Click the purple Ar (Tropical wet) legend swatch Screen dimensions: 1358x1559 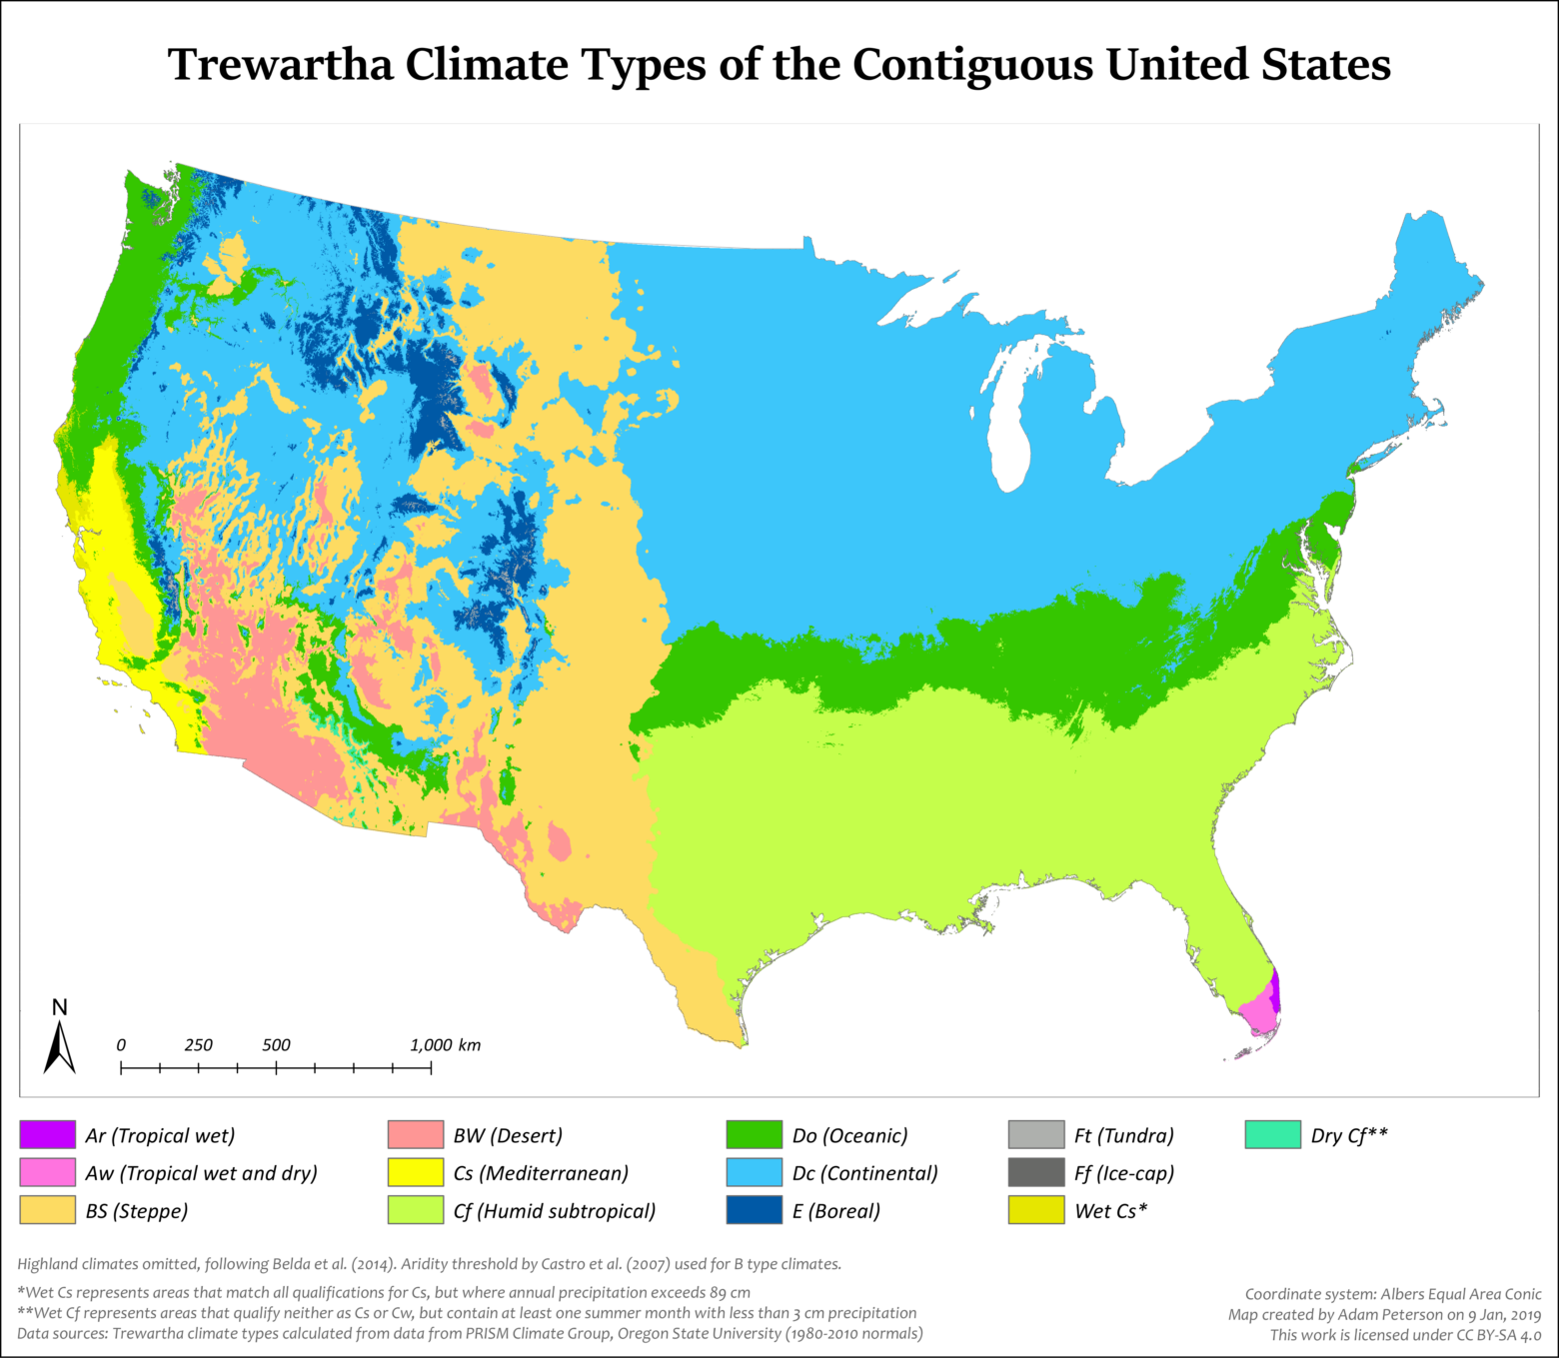(x=47, y=1135)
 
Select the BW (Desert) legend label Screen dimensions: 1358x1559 (x=508, y=1135)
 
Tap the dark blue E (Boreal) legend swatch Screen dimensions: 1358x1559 (x=754, y=1210)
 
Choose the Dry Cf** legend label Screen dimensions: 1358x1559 (x=1348, y=1135)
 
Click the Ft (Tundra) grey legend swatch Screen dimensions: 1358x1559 (x=1036, y=1135)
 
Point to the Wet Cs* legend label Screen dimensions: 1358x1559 (x=1110, y=1210)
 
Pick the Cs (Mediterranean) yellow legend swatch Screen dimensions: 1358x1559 (x=415, y=1172)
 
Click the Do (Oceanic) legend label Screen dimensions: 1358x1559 (x=849, y=1135)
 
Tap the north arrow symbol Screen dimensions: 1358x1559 (x=60, y=1048)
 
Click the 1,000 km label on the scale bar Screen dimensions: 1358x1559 (x=445, y=1045)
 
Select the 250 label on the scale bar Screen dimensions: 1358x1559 (x=198, y=1045)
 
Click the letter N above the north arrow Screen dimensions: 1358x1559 (x=60, y=1007)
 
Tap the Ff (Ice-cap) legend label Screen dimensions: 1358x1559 (x=1123, y=1172)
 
